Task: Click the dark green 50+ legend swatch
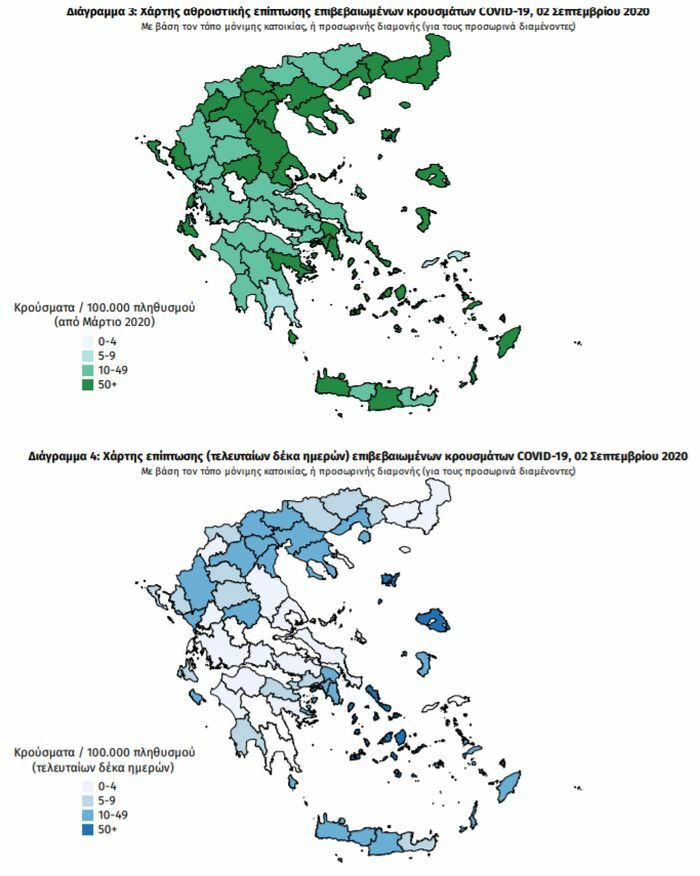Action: pos(87,384)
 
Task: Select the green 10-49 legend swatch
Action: pos(87,369)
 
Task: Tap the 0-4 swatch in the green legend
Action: pos(87,340)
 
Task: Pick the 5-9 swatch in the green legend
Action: pos(87,355)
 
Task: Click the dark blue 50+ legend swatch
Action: pos(87,830)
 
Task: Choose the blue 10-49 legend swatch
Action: pos(87,816)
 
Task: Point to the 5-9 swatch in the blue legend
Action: pos(87,801)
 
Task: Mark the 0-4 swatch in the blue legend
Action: pos(87,787)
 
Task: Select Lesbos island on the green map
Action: pos(432,176)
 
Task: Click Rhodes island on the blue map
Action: pos(509,785)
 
